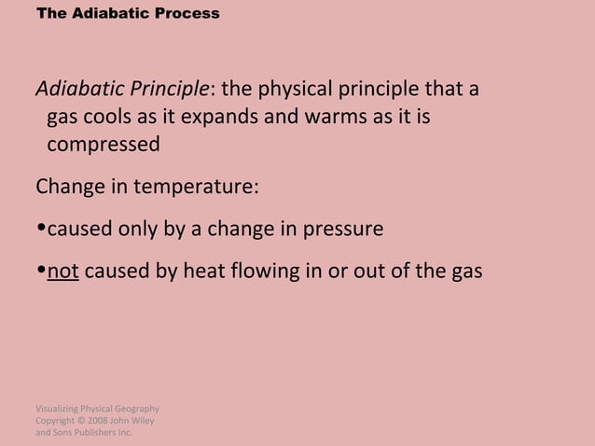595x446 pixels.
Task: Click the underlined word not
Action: [62, 272]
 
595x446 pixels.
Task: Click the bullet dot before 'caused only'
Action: [41, 230]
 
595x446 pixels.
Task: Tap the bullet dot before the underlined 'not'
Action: [41, 272]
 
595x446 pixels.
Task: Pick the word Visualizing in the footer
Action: [59, 409]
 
